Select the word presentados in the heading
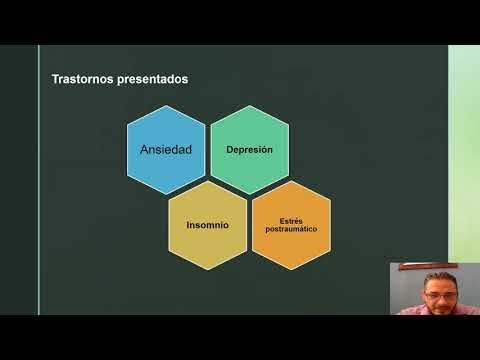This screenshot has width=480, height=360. click(150, 78)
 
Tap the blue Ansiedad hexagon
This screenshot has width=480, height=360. click(165, 150)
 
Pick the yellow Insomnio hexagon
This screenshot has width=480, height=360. click(208, 225)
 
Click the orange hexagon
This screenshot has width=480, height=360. click(291, 225)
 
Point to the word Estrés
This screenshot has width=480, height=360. click(291, 219)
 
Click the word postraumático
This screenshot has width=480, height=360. click(291, 230)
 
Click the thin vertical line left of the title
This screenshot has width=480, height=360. click(39, 180)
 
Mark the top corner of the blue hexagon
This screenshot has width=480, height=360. click(165, 107)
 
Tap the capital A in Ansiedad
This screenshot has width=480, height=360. click(144, 150)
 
